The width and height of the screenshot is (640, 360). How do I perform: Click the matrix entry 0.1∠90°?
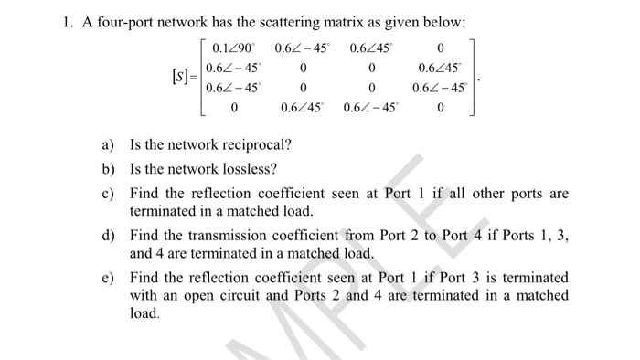pyautogui.click(x=235, y=48)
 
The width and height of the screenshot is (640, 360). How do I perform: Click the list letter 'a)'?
pyautogui.click(x=109, y=144)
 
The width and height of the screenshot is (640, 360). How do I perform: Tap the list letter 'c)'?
pyautogui.click(x=109, y=194)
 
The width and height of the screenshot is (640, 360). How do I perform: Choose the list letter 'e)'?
pyautogui.click(x=109, y=277)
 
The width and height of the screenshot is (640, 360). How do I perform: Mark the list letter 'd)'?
pyautogui.click(x=109, y=236)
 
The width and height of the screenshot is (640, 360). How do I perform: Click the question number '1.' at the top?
pyautogui.click(x=58, y=21)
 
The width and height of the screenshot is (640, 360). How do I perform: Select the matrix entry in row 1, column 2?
pyautogui.click(x=305, y=48)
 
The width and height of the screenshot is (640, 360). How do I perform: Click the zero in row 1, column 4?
pyautogui.click(x=441, y=48)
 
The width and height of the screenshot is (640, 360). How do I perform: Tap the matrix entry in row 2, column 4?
pyautogui.click(x=441, y=68)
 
